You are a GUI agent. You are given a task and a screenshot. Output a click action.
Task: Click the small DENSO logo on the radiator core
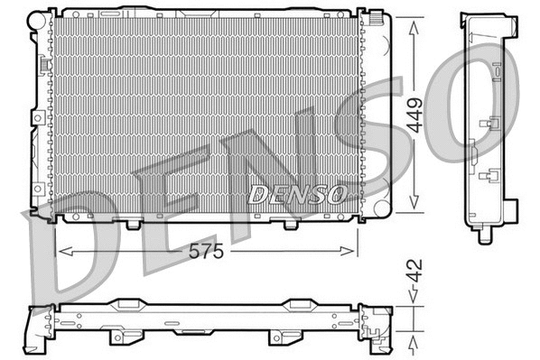click(296, 194)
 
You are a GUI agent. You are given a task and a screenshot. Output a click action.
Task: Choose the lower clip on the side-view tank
click(493, 177)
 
